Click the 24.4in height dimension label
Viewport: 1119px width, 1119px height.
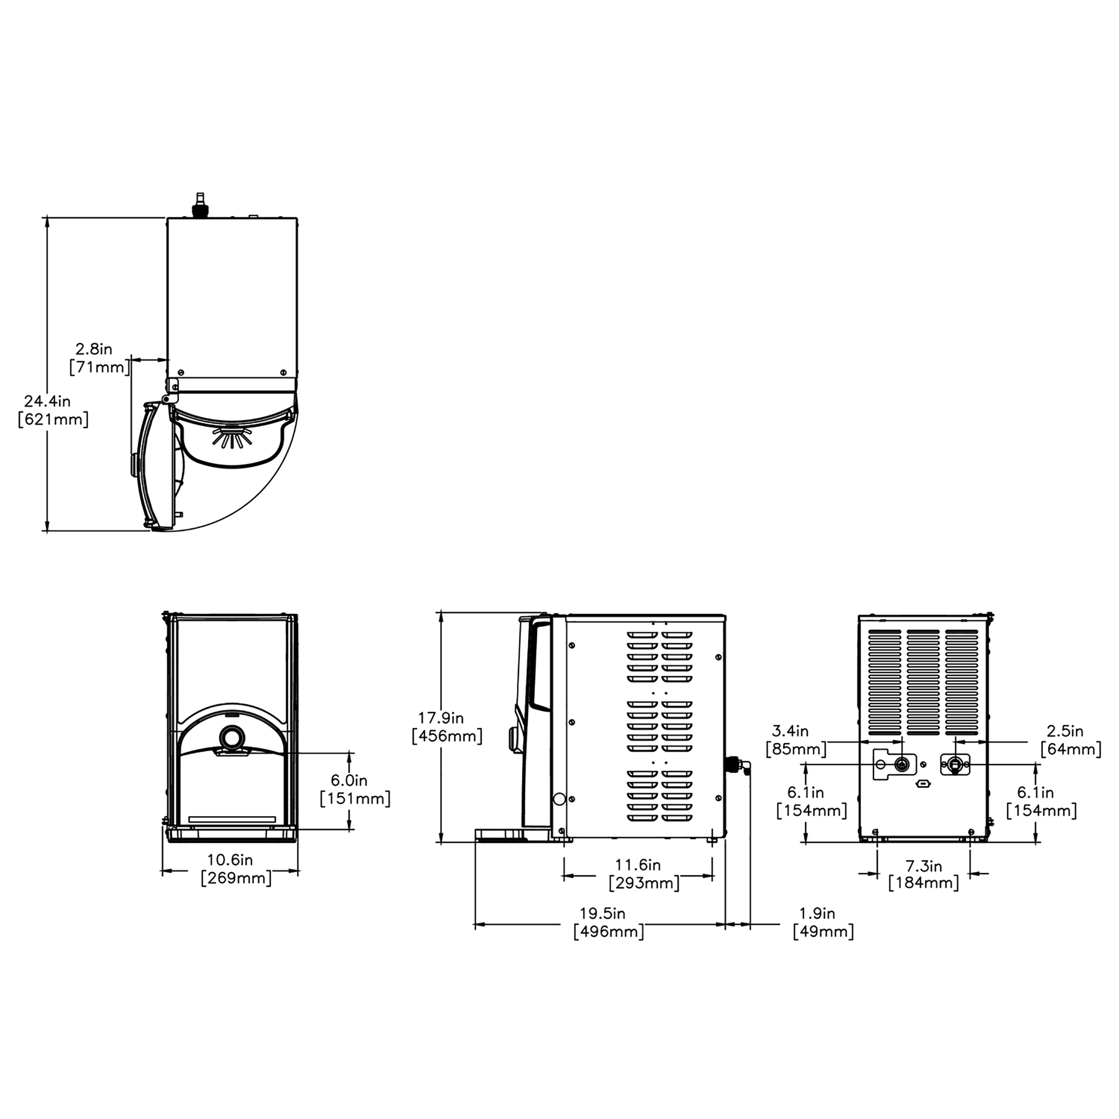click(53, 410)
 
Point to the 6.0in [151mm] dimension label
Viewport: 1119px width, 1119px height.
click(354, 790)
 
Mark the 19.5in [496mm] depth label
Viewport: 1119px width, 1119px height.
click(607, 923)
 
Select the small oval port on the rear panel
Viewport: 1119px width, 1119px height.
click(923, 784)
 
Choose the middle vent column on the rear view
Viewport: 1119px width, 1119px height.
click(923, 682)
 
